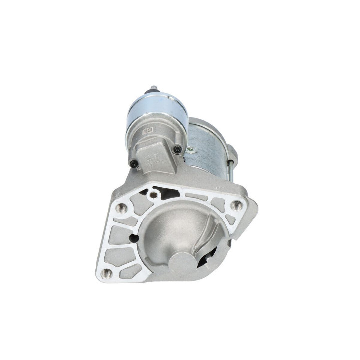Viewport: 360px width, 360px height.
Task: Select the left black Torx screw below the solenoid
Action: pyautogui.click(x=134, y=162)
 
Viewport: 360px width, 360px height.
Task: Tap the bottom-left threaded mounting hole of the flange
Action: pyautogui.click(x=107, y=272)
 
